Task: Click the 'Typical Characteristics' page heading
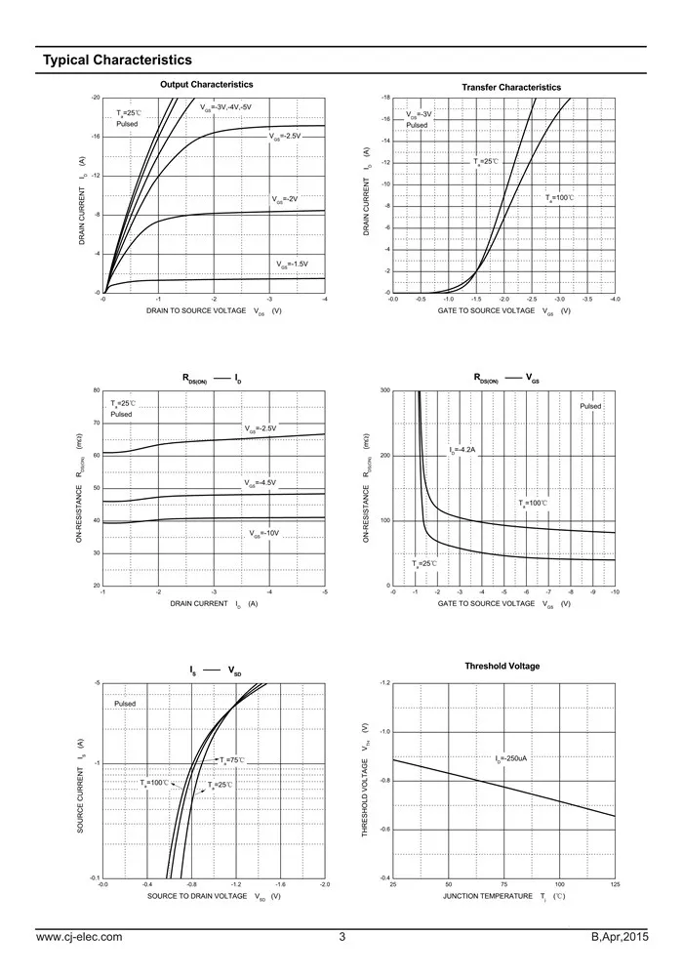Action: tap(116, 61)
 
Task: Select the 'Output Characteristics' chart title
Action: tap(206, 85)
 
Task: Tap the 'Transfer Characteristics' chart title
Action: tap(511, 88)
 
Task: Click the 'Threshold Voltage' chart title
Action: tap(502, 666)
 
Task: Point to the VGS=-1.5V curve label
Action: tap(292, 264)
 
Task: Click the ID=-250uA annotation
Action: tap(511, 758)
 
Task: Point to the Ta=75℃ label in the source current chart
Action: tap(231, 759)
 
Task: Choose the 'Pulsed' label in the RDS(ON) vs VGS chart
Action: tap(591, 406)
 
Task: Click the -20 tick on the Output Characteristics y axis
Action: tap(95, 99)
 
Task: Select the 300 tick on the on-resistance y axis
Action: tap(385, 390)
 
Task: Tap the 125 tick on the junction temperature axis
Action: tap(615, 884)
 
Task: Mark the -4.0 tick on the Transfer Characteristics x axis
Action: tap(615, 299)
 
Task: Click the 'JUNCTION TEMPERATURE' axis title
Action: tap(487, 896)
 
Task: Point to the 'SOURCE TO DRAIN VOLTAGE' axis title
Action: tap(197, 896)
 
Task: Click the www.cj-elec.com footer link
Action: tap(79, 938)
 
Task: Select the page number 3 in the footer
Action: tap(342, 938)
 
